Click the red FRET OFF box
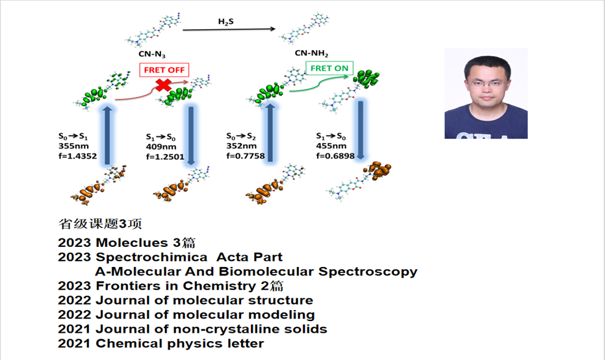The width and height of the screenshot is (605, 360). [164, 70]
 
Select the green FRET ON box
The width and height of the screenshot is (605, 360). [329, 68]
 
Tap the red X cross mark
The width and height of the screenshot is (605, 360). [164, 85]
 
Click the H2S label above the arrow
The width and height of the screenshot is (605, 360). [225, 21]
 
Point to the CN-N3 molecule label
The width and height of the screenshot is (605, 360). [152, 55]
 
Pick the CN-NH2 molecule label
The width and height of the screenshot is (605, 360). [311, 53]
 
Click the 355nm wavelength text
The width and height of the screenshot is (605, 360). [73, 146]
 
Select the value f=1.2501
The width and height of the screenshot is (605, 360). [165, 157]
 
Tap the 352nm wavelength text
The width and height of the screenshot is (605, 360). [241, 146]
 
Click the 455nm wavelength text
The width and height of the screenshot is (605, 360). [331, 146]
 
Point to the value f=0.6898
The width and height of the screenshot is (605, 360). [335, 156]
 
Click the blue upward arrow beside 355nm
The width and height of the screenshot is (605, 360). [107, 135]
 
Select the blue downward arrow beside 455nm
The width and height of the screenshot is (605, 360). [361, 130]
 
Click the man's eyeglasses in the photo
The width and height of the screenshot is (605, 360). [487, 83]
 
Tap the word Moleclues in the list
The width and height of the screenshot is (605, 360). [131, 242]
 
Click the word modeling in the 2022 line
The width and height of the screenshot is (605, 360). [281, 315]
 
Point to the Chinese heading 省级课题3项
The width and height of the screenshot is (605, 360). [100, 224]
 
